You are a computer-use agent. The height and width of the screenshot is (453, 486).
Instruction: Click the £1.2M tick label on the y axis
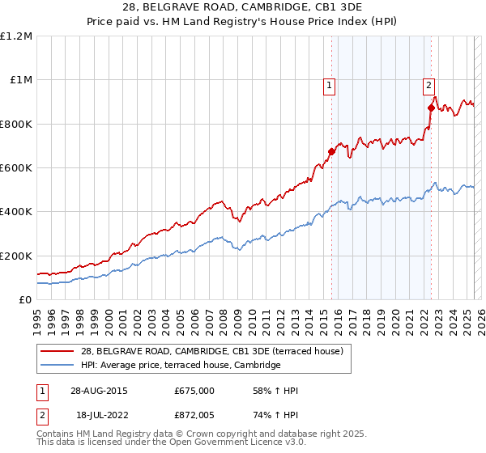point(16,36)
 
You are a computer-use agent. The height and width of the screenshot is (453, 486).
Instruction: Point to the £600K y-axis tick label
point(16,168)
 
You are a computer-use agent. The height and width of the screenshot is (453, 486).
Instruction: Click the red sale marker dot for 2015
point(331,151)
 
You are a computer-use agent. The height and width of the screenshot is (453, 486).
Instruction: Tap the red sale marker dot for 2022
point(430,108)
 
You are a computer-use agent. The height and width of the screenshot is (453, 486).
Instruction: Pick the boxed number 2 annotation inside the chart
point(428,84)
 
